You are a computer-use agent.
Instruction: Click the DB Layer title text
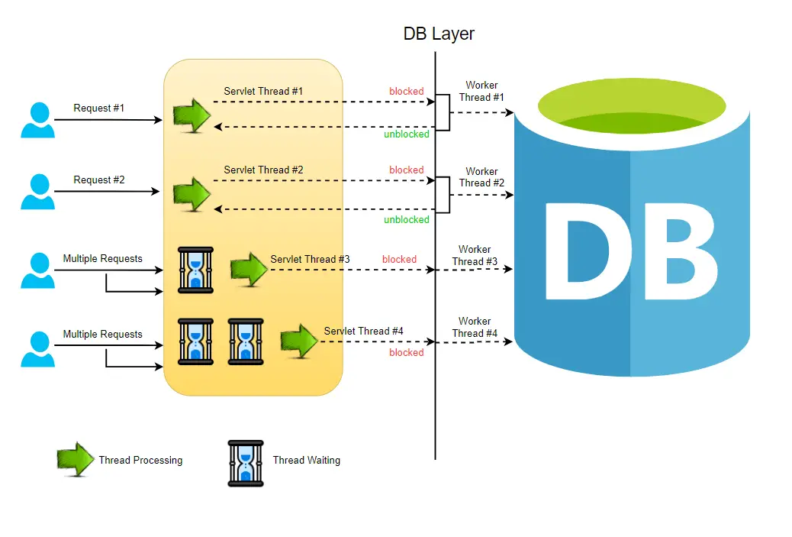(x=439, y=34)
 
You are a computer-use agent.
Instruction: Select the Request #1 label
(x=98, y=108)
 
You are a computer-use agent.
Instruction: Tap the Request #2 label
(x=98, y=180)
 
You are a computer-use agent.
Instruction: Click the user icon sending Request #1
(x=37, y=120)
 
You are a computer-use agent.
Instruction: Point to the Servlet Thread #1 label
(x=263, y=91)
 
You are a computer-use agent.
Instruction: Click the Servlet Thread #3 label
(x=310, y=259)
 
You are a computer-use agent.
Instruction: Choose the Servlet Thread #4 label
(x=363, y=331)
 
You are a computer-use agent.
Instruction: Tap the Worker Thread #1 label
(x=481, y=91)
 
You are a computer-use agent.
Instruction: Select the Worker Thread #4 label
(x=475, y=327)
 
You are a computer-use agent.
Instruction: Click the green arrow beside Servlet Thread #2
(x=192, y=193)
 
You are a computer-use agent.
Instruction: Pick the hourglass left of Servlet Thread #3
(x=195, y=269)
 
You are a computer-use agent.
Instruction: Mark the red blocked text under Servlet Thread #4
(x=406, y=352)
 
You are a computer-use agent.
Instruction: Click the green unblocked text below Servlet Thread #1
(x=406, y=134)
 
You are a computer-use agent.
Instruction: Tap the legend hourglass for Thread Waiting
(x=246, y=463)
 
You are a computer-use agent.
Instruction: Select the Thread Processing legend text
(x=140, y=460)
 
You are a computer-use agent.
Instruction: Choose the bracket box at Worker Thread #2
(x=443, y=195)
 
